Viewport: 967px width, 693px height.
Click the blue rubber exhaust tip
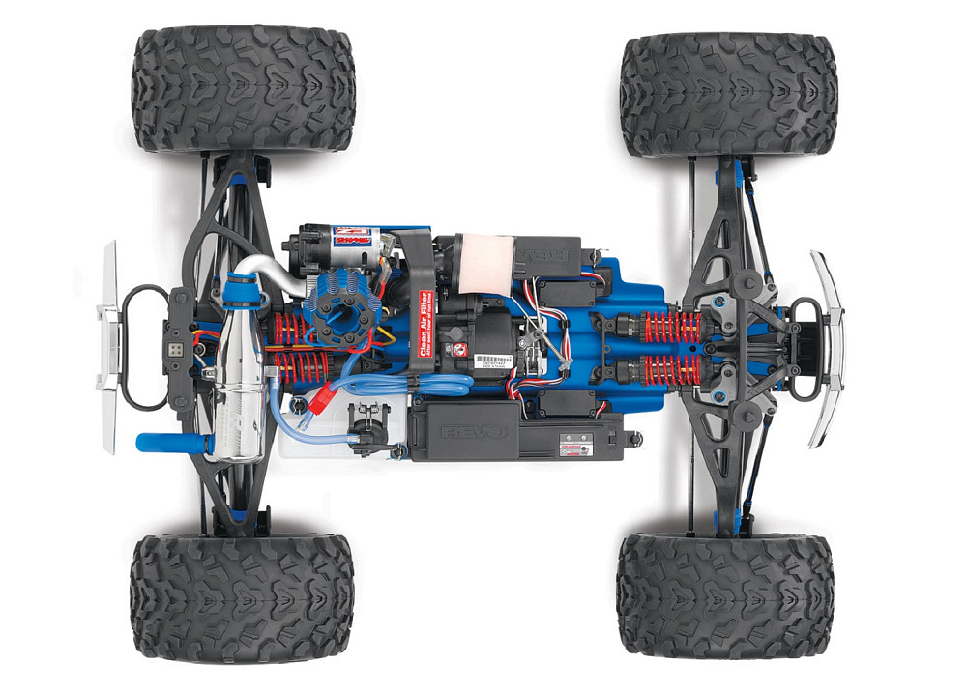[x=164, y=443]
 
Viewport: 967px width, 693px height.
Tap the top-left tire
[x=244, y=89]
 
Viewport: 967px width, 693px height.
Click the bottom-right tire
[x=725, y=593]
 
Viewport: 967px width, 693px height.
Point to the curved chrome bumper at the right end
[x=828, y=348]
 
